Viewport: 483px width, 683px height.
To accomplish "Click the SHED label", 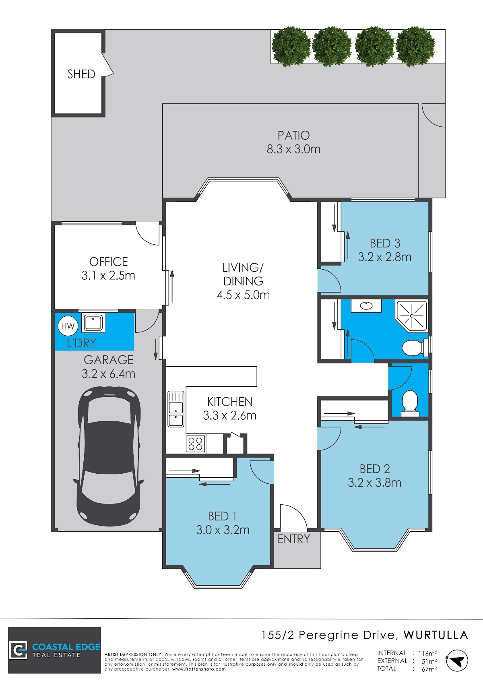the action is pos(81,74).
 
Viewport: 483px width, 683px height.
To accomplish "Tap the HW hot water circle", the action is pos(68,326).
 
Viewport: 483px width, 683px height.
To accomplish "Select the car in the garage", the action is pos(109,456).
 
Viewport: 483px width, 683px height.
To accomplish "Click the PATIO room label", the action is pos(293,135).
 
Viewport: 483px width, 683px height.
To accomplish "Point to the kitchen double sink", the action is pos(176,409).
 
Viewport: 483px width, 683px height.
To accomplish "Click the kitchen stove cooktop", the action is pos(196,444).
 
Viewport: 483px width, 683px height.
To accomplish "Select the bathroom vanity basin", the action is pos(366,305).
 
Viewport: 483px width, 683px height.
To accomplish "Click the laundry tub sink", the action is pos(93,323).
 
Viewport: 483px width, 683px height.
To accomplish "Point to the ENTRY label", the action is pos(294,539).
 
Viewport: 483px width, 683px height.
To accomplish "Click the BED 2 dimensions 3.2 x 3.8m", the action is pos(374,483).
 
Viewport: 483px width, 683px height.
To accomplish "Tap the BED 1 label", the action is pos(222,516).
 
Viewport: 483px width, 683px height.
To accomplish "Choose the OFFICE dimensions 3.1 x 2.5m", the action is pos(108,276).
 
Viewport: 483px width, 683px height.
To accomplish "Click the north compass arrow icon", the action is pos(457,660).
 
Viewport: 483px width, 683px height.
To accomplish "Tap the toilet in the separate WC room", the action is pos(410,403).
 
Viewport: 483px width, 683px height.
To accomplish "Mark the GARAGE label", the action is pos(109,360).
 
